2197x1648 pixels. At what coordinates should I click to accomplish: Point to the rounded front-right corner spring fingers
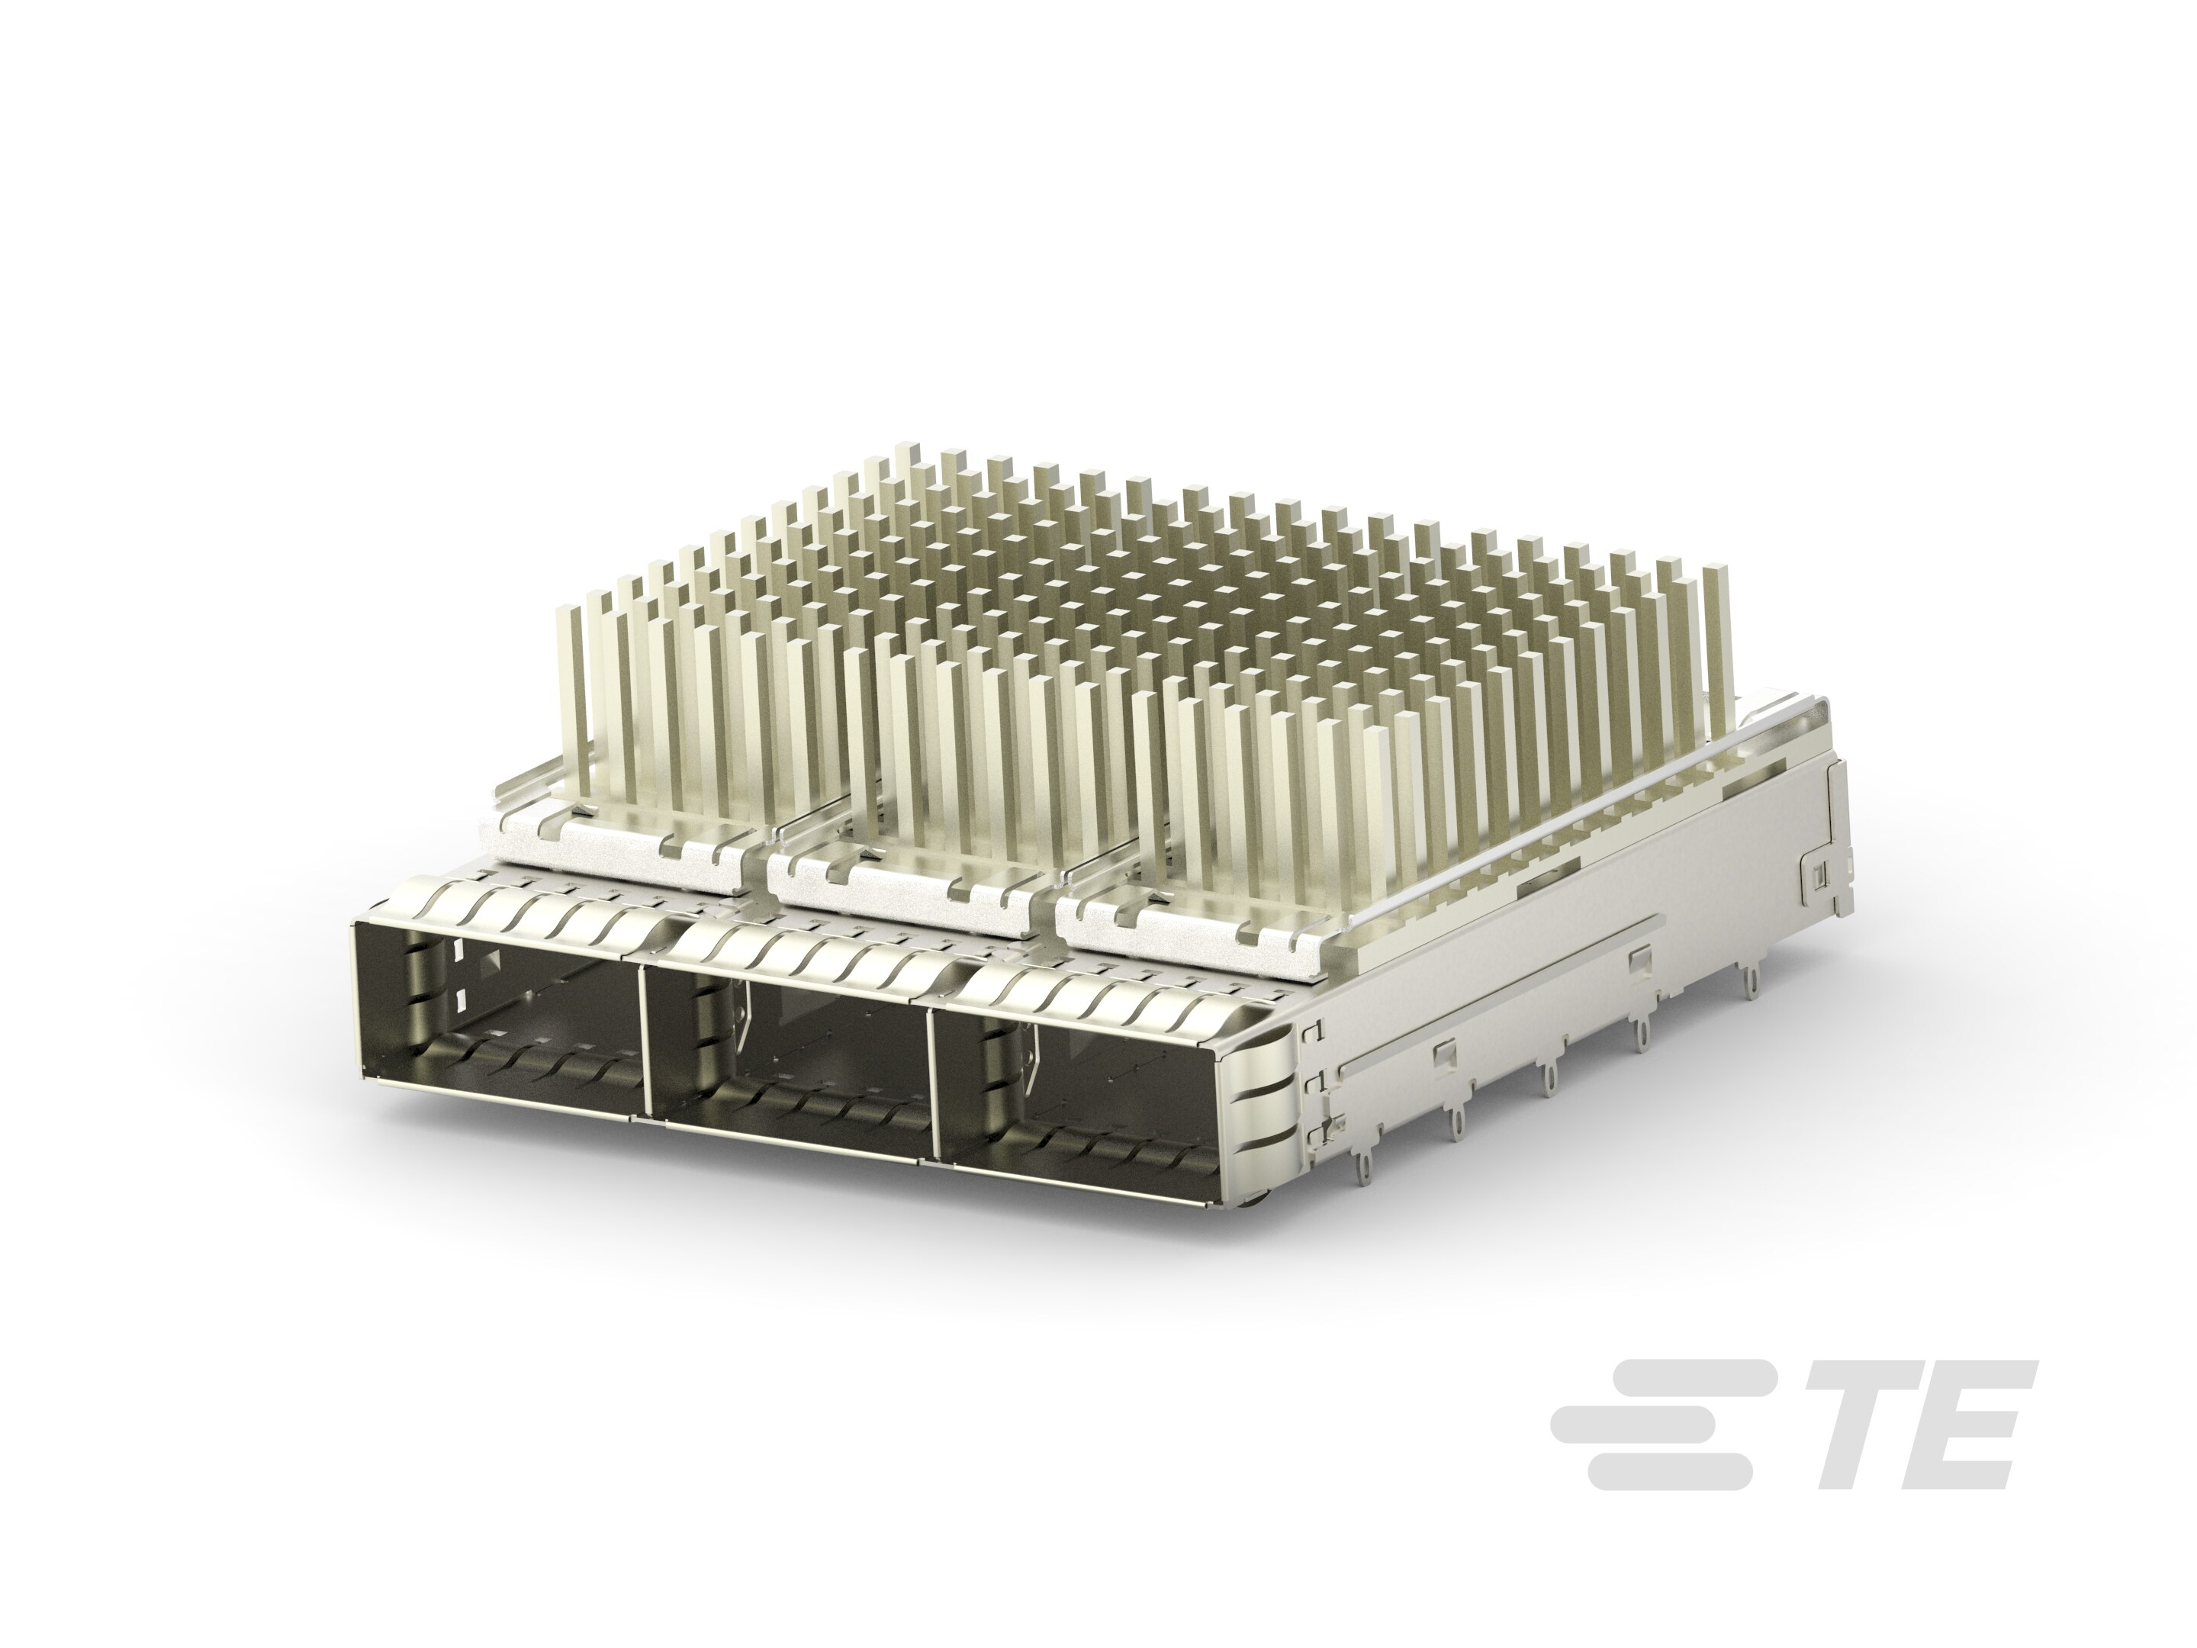[1272, 1093]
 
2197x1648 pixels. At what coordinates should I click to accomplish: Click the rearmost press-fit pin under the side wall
[1753, 983]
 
